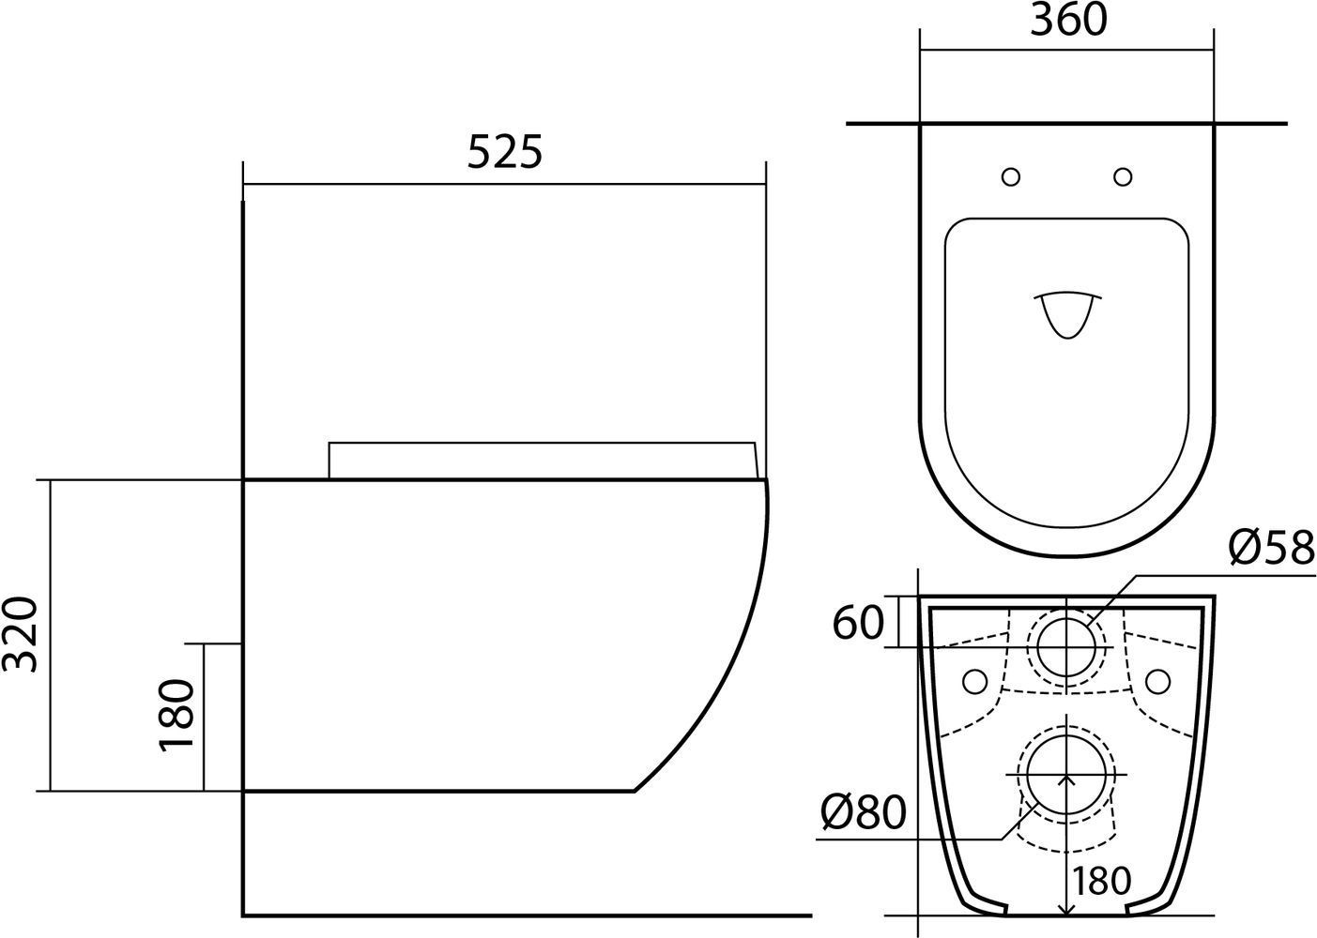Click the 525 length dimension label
pos(504,153)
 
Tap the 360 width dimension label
pos(1068,20)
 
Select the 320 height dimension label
pos(20,635)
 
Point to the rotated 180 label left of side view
pos(176,716)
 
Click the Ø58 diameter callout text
pos(1271,548)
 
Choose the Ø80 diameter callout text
pos(864,812)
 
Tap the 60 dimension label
pos(858,623)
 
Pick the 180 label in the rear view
pos(1101,881)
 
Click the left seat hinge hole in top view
pos(1011,176)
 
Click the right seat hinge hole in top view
pos(1123,176)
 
